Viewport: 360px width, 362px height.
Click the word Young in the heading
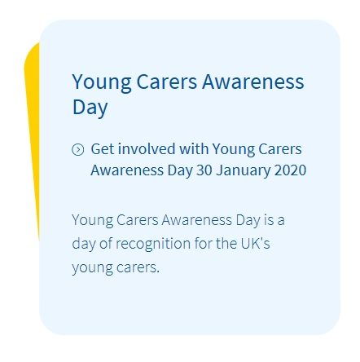click(x=102, y=82)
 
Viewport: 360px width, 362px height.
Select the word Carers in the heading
click(x=167, y=82)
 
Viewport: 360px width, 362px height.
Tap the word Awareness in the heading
click(x=252, y=82)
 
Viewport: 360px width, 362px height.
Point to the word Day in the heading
click(x=90, y=108)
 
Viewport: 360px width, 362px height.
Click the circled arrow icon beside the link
click(x=78, y=149)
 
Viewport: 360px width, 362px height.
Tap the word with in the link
click(x=194, y=149)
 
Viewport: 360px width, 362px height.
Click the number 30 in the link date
click(x=204, y=170)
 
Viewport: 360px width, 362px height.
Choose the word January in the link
click(x=243, y=171)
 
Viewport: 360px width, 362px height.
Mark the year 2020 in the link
click(x=291, y=170)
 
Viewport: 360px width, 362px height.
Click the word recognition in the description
click(x=153, y=244)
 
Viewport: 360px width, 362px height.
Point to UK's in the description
click(x=255, y=243)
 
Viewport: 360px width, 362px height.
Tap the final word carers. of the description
click(x=138, y=267)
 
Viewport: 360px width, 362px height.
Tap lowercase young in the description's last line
click(x=92, y=269)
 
